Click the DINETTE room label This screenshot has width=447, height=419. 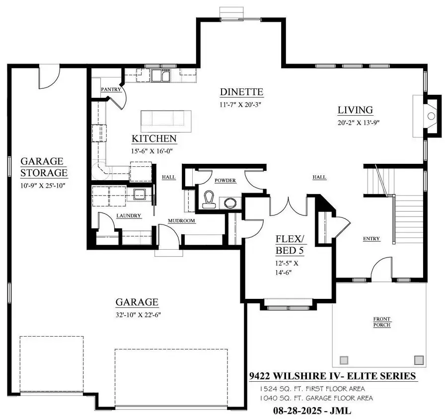pyautogui.click(x=241, y=92)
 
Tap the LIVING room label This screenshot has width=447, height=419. pyautogui.click(x=355, y=110)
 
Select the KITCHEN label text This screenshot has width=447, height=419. pyautogui.click(x=153, y=139)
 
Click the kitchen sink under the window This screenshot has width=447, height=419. pyautogui.click(x=160, y=76)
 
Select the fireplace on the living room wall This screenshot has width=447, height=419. pyautogui.click(x=430, y=115)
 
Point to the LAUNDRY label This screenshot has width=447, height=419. pyautogui.click(x=129, y=216)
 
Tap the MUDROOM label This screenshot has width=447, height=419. pyautogui.click(x=181, y=221)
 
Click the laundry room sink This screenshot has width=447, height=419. pyautogui.click(x=139, y=195)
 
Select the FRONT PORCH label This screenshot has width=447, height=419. pyautogui.click(x=382, y=322)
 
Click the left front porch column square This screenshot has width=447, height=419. pyautogui.click(x=344, y=360)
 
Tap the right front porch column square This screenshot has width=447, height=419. pyautogui.click(x=419, y=360)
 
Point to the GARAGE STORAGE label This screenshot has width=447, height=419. pyautogui.click(x=44, y=167)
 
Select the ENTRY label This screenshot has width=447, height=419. pyautogui.click(x=371, y=239)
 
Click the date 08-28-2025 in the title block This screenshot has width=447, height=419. pyautogui.click(x=299, y=411)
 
